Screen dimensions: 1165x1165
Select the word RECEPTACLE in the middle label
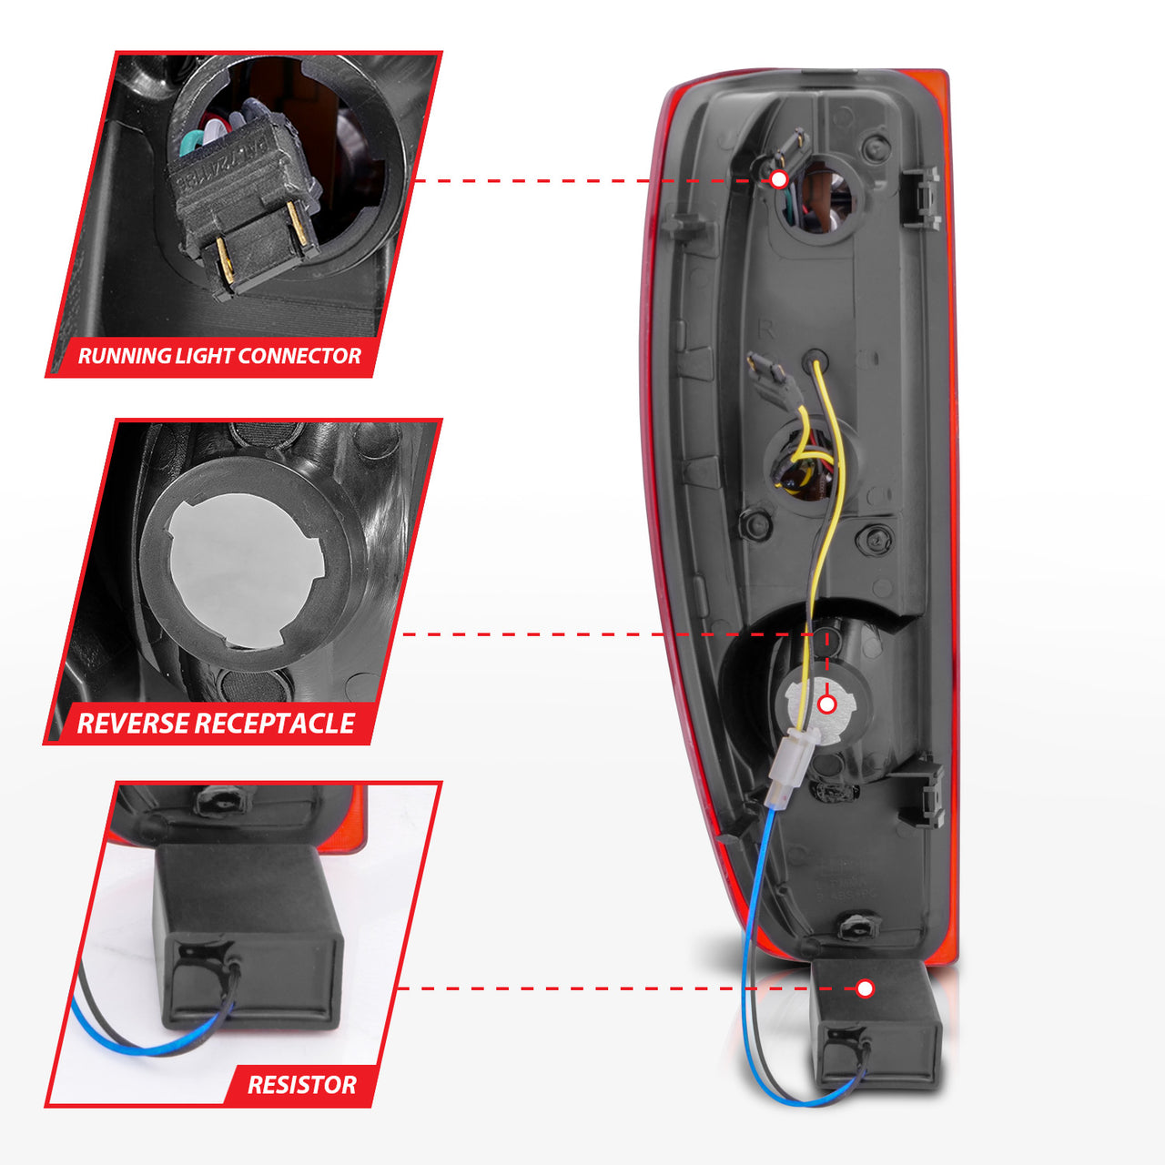(x=275, y=724)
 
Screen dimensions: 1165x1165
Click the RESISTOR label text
(x=302, y=1085)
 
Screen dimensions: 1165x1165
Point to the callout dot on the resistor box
(x=866, y=988)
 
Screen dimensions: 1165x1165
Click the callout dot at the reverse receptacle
(x=827, y=704)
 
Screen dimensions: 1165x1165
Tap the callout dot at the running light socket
(x=779, y=179)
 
